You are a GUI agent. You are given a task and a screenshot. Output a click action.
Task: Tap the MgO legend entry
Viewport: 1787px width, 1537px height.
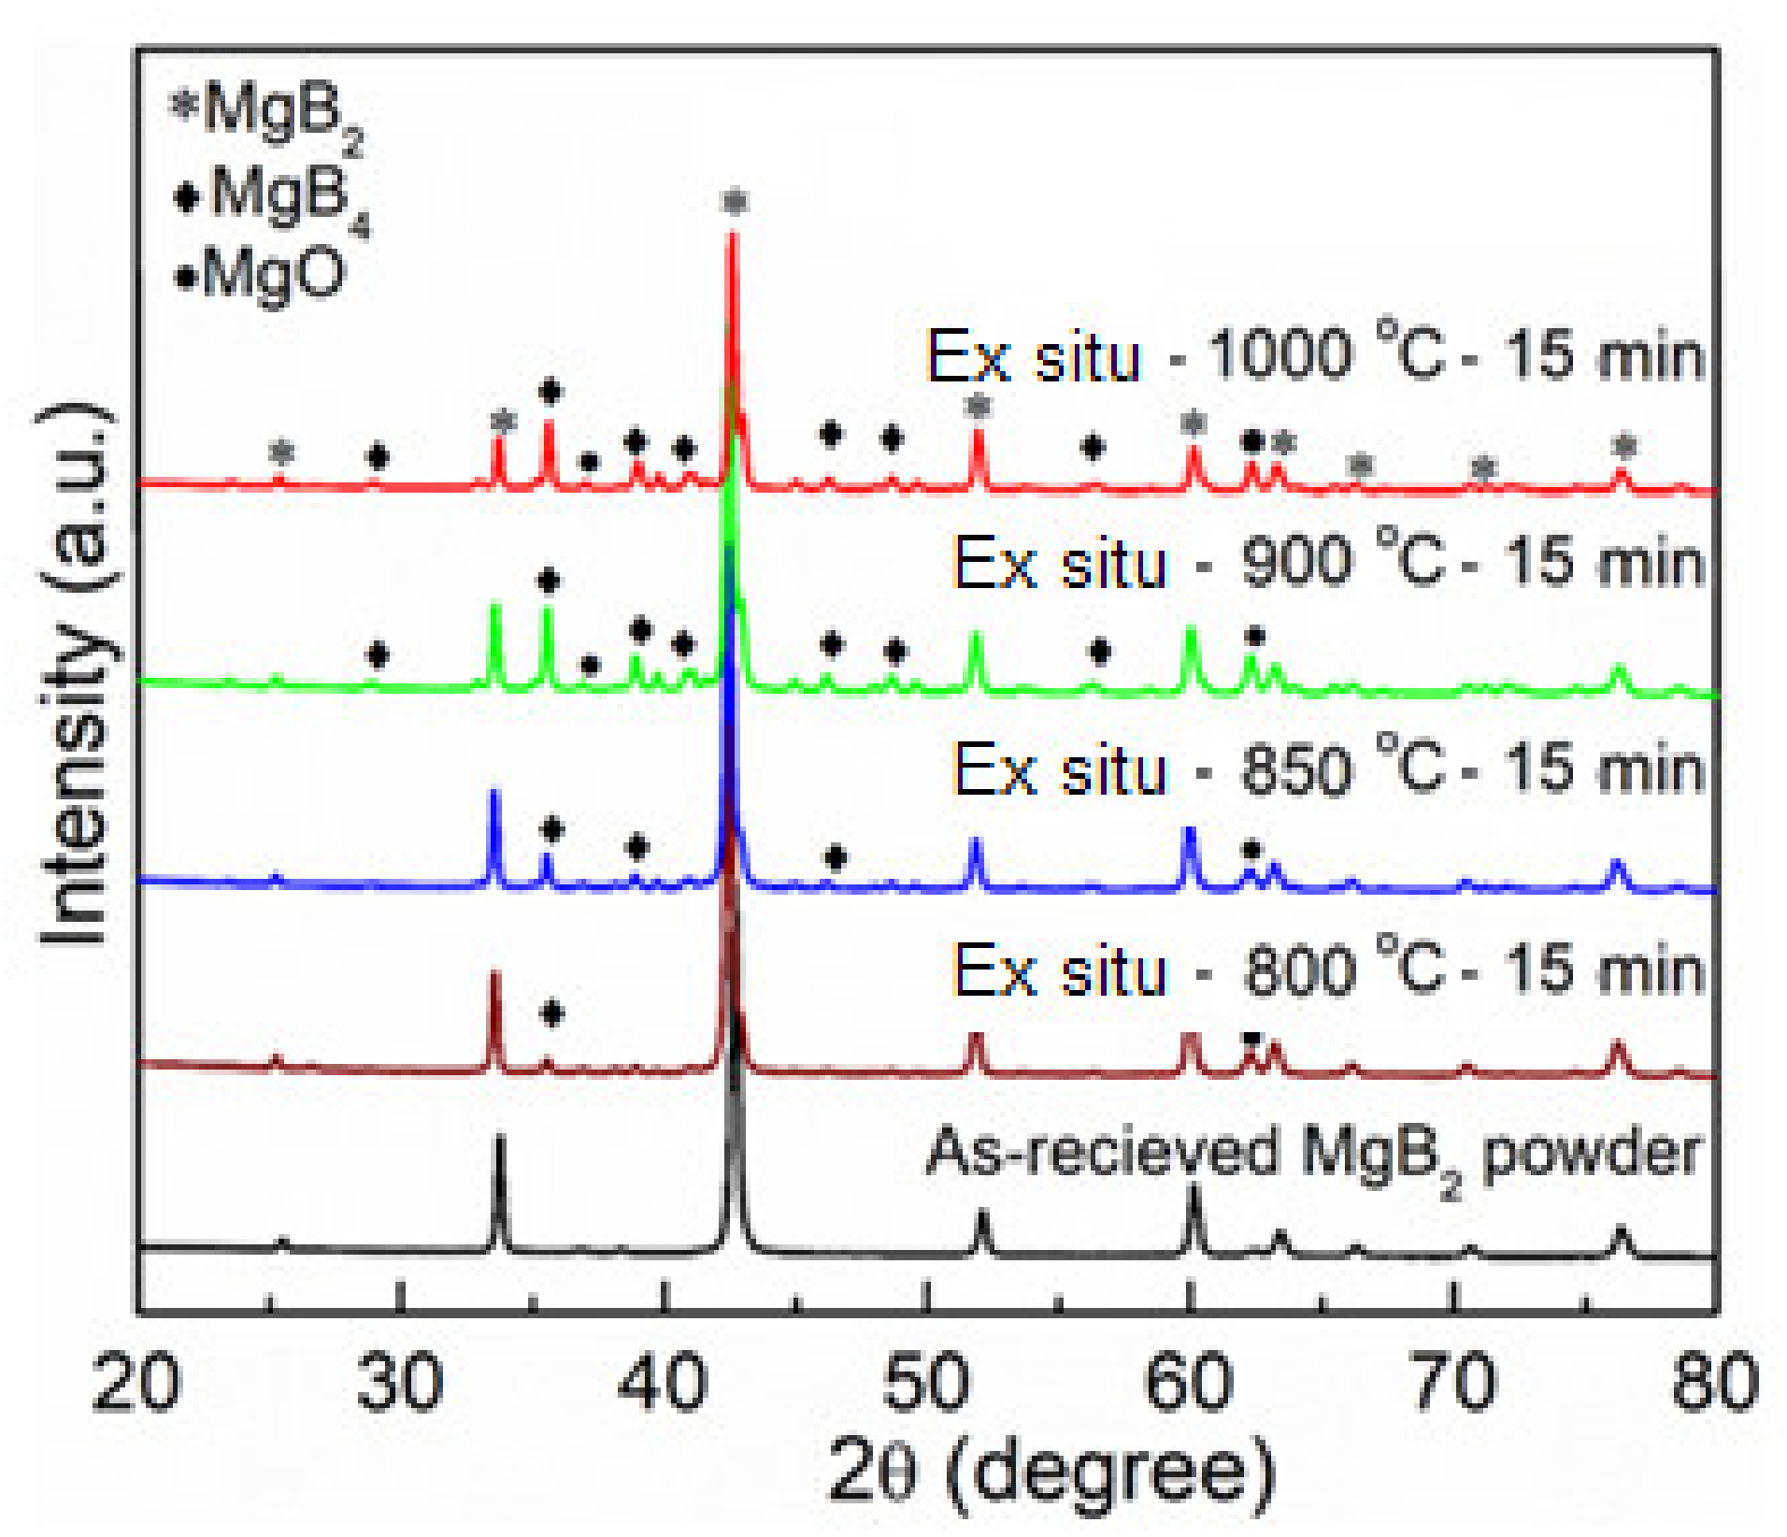[x=262, y=275]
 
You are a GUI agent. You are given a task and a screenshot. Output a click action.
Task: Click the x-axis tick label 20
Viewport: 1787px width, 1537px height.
[x=136, y=1382]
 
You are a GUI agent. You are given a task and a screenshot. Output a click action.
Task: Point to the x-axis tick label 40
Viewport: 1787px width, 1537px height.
[x=663, y=1382]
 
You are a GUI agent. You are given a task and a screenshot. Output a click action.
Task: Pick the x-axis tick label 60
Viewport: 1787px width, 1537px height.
[x=1189, y=1382]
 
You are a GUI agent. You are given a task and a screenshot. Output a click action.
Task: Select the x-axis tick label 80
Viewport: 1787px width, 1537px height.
[x=1714, y=1382]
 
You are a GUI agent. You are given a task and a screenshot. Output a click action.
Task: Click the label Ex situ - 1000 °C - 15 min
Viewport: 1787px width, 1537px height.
[x=1314, y=356]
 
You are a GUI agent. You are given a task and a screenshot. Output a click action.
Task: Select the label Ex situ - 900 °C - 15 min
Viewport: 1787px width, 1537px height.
[x=1327, y=564]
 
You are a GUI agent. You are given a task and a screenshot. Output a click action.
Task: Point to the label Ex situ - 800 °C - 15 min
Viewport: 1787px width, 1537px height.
[x=1327, y=970]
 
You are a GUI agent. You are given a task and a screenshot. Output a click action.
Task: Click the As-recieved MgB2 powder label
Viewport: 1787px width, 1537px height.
[x=1312, y=1156]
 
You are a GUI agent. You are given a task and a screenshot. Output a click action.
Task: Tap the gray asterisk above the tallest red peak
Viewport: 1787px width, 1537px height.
[x=736, y=201]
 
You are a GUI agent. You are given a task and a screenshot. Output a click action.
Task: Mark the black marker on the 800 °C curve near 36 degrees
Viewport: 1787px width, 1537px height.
[x=552, y=1013]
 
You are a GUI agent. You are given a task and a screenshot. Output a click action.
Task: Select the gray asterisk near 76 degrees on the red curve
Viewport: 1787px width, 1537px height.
[x=1625, y=447]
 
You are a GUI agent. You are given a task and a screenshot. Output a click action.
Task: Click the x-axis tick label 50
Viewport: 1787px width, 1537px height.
[x=926, y=1382]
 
